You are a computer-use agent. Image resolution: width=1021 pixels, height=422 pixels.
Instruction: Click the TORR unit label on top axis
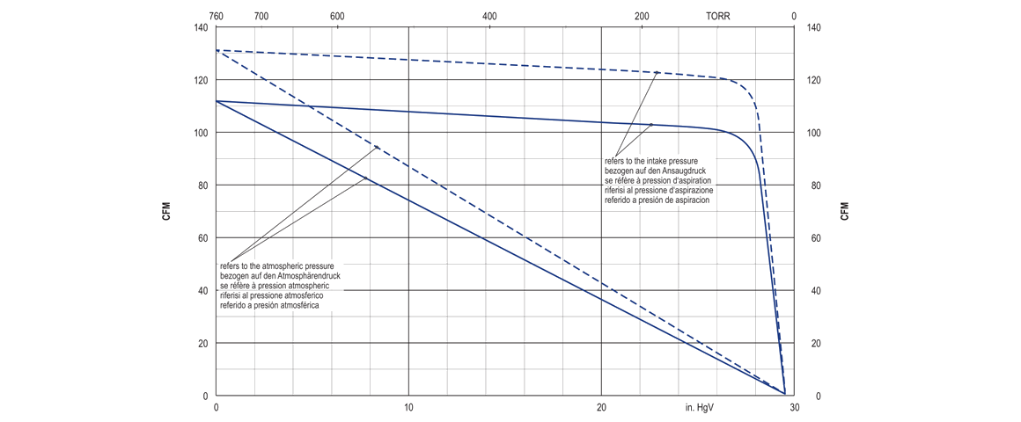click(717, 16)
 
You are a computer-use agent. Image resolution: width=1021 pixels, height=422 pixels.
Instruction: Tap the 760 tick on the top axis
click(217, 16)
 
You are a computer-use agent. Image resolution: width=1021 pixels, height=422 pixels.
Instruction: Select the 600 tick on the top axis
click(337, 16)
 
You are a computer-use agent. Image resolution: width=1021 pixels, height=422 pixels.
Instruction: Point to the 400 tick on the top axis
click(489, 16)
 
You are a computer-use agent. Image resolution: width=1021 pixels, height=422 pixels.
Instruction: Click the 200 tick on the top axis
click(643, 16)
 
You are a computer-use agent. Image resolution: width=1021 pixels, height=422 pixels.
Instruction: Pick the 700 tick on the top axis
click(261, 16)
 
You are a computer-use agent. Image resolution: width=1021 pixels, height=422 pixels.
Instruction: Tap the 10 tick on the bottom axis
click(408, 408)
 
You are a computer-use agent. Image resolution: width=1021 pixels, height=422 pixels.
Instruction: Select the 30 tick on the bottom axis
click(794, 408)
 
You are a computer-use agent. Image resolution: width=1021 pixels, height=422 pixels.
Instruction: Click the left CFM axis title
click(166, 211)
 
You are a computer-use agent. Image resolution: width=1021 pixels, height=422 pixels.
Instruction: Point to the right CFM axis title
click(844, 211)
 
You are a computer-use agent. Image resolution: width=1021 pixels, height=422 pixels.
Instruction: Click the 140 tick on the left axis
click(200, 28)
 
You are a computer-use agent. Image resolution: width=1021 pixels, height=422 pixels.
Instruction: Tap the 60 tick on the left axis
click(202, 238)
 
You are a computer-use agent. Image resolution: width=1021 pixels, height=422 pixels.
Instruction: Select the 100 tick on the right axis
click(813, 133)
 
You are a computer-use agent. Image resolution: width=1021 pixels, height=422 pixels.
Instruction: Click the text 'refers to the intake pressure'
click(650, 162)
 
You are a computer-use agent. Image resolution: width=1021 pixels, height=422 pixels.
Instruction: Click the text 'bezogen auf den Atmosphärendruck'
click(280, 276)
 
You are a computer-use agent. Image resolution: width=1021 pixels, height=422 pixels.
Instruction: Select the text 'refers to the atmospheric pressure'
click(276, 266)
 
